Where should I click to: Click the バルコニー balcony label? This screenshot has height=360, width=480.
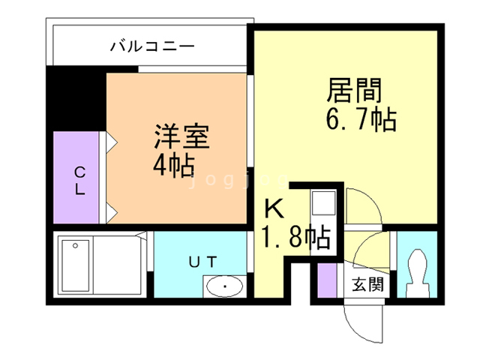tap(152, 46)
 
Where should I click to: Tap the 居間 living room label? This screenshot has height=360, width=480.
tap(354, 90)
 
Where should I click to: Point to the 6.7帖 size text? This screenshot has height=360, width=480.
tap(361, 119)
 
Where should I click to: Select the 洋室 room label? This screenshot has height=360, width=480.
tap(181, 136)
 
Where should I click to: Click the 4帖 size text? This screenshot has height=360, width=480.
tap(174, 165)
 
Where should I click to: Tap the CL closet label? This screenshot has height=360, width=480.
tap(80, 181)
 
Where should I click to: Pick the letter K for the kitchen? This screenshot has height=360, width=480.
tap(274, 208)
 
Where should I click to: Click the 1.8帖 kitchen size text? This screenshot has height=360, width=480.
tap(295, 236)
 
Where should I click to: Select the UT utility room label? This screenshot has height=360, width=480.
tap(203, 262)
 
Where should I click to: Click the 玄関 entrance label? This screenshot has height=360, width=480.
tap(367, 285)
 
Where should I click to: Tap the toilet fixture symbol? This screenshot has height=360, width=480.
tap(417, 273)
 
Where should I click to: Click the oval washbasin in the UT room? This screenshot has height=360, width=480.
tap(225, 286)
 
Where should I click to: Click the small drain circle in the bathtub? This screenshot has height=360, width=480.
tap(75, 245)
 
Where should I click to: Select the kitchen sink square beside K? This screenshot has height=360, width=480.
tap(323, 202)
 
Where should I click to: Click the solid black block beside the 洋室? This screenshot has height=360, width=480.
tap(76, 98)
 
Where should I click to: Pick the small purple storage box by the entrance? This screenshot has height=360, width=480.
tap(327, 280)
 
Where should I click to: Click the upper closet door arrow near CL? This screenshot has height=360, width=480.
tap(112, 142)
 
